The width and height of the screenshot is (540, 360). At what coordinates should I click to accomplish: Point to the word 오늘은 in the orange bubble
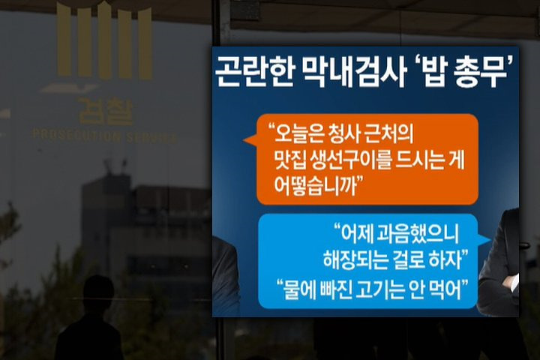click(x=297, y=133)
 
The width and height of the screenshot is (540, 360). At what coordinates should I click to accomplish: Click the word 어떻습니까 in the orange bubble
click(x=315, y=187)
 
